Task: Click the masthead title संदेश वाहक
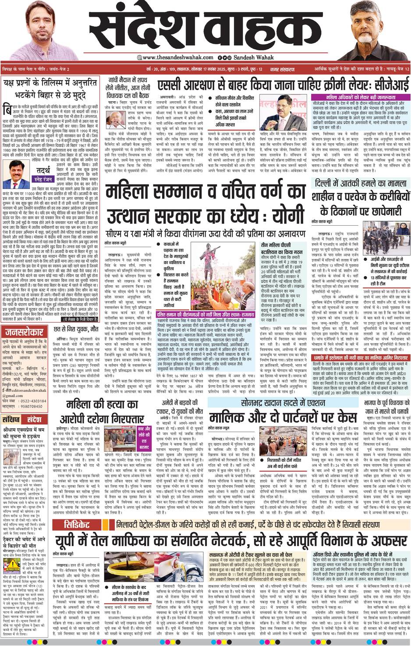tap(205, 28)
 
